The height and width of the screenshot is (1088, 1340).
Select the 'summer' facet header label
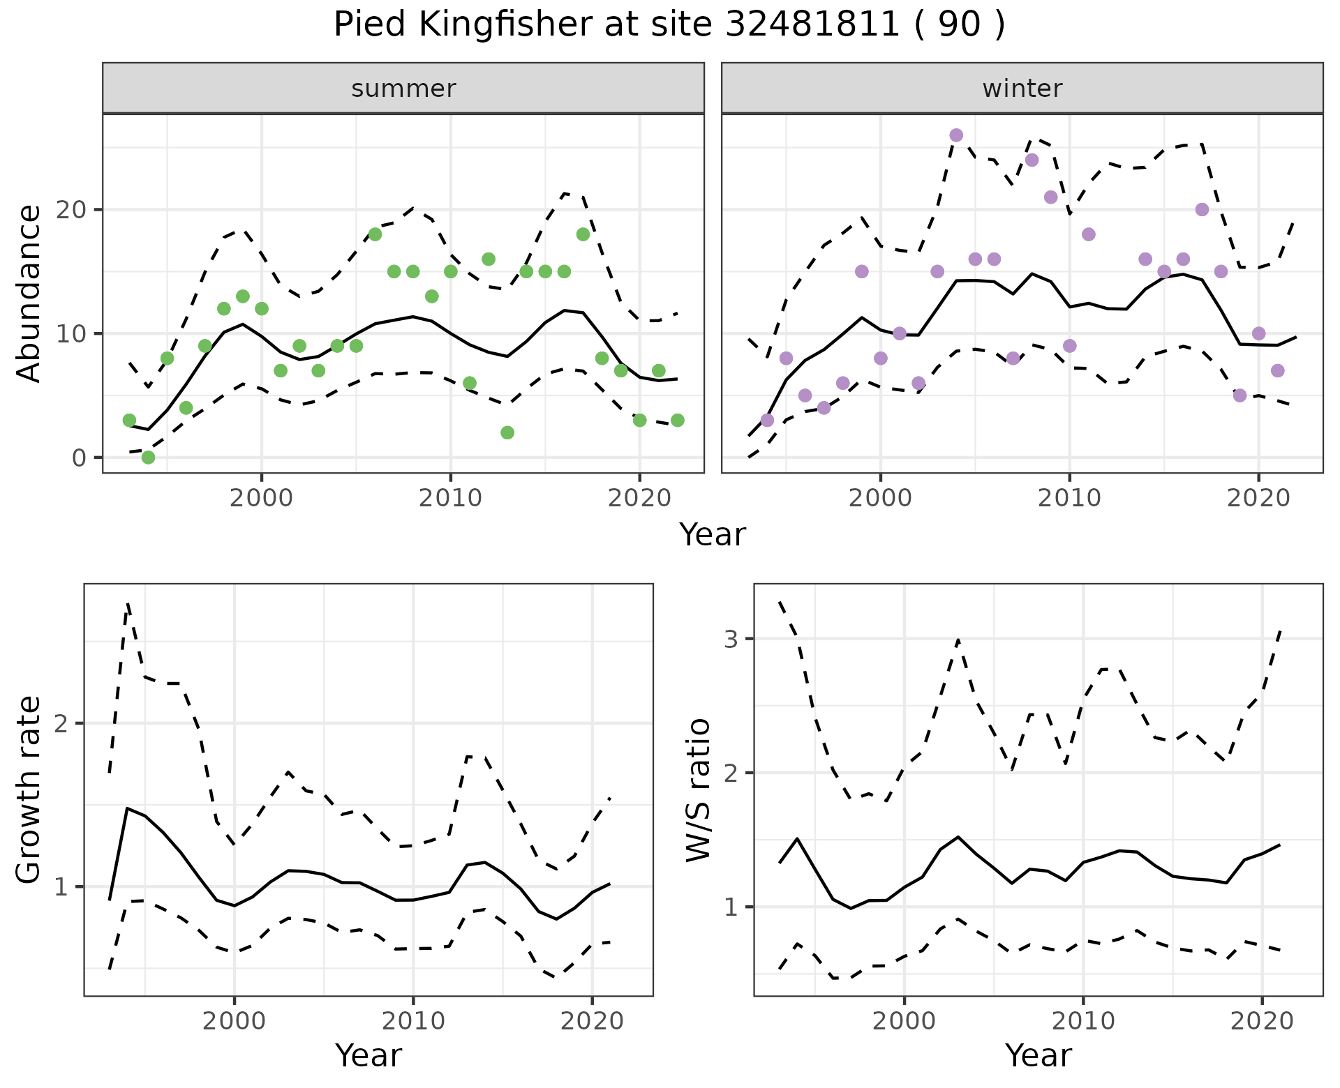pyautogui.click(x=403, y=89)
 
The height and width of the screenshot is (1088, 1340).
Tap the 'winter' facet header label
pyautogui.click(x=1022, y=89)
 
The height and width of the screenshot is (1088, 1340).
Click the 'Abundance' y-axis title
pyautogui.click(x=29, y=294)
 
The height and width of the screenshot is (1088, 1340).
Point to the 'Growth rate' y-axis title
pyautogui.click(x=29, y=789)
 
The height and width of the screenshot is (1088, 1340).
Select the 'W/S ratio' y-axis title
pyautogui.click(x=699, y=789)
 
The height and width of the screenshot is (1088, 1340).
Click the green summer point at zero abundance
pyautogui.click(x=148, y=458)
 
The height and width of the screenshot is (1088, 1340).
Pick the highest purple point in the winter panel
pyautogui.click(x=956, y=135)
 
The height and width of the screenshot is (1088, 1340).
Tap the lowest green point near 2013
pyautogui.click(x=507, y=432)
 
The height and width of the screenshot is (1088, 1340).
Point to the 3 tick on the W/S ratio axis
pyautogui.click(x=731, y=639)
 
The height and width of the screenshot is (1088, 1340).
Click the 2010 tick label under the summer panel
pyautogui.click(x=450, y=498)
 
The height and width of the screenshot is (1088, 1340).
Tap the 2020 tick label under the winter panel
pyautogui.click(x=1258, y=498)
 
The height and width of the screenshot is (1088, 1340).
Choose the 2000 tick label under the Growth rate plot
pyautogui.click(x=234, y=1022)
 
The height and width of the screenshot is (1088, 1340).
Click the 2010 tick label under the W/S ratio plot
pyautogui.click(x=1082, y=1022)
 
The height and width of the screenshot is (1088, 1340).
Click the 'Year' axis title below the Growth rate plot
pyautogui.click(x=368, y=1055)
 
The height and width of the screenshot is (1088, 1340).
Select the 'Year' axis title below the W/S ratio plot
pyautogui.click(x=1038, y=1055)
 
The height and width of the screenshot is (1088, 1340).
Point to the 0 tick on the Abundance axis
pyautogui.click(x=77, y=458)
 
